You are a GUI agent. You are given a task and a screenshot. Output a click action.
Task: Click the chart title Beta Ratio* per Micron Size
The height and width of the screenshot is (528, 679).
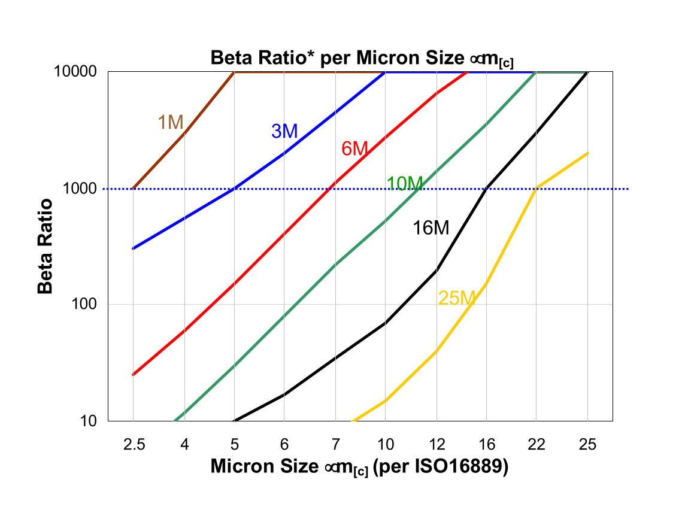[x=361, y=59]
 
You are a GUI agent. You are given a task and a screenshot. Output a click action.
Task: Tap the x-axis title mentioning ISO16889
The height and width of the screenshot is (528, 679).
[x=359, y=467]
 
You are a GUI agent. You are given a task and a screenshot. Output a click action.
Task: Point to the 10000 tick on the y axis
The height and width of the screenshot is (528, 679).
[x=80, y=72]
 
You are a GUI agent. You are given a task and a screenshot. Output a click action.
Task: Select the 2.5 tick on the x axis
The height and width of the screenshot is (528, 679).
[x=133, y=444]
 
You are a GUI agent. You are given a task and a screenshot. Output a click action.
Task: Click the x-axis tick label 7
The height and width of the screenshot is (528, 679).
[x=335, y=444]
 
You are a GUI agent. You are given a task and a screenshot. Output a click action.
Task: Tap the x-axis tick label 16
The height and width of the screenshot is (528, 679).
[x=487, y=444]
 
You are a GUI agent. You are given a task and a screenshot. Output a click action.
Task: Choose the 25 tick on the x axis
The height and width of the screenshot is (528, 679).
[x=587, y=444]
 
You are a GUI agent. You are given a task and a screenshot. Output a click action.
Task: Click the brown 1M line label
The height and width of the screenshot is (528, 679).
[x=170, y=122]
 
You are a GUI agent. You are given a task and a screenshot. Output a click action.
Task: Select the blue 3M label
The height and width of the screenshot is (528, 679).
[x=284, y=131]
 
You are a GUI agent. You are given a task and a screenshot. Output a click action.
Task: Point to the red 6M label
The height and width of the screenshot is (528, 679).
[x=354, y=149]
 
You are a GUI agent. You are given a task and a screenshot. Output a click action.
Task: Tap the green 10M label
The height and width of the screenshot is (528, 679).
[x=405, y=184]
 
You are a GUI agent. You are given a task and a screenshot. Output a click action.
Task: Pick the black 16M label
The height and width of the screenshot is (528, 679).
[x=431, y=227]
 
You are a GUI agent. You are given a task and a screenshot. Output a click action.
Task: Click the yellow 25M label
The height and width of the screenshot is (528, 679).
[x=456, y=298]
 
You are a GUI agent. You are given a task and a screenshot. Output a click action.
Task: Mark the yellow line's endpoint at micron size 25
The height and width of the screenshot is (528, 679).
[x=588, y=153]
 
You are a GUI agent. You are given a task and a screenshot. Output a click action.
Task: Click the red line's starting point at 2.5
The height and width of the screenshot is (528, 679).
[x=133, y=375]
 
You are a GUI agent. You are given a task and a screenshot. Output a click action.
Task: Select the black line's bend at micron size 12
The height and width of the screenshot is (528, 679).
[x=436, y=271]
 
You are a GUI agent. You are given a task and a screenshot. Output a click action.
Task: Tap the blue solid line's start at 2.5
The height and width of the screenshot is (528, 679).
[x=133, y=248]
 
